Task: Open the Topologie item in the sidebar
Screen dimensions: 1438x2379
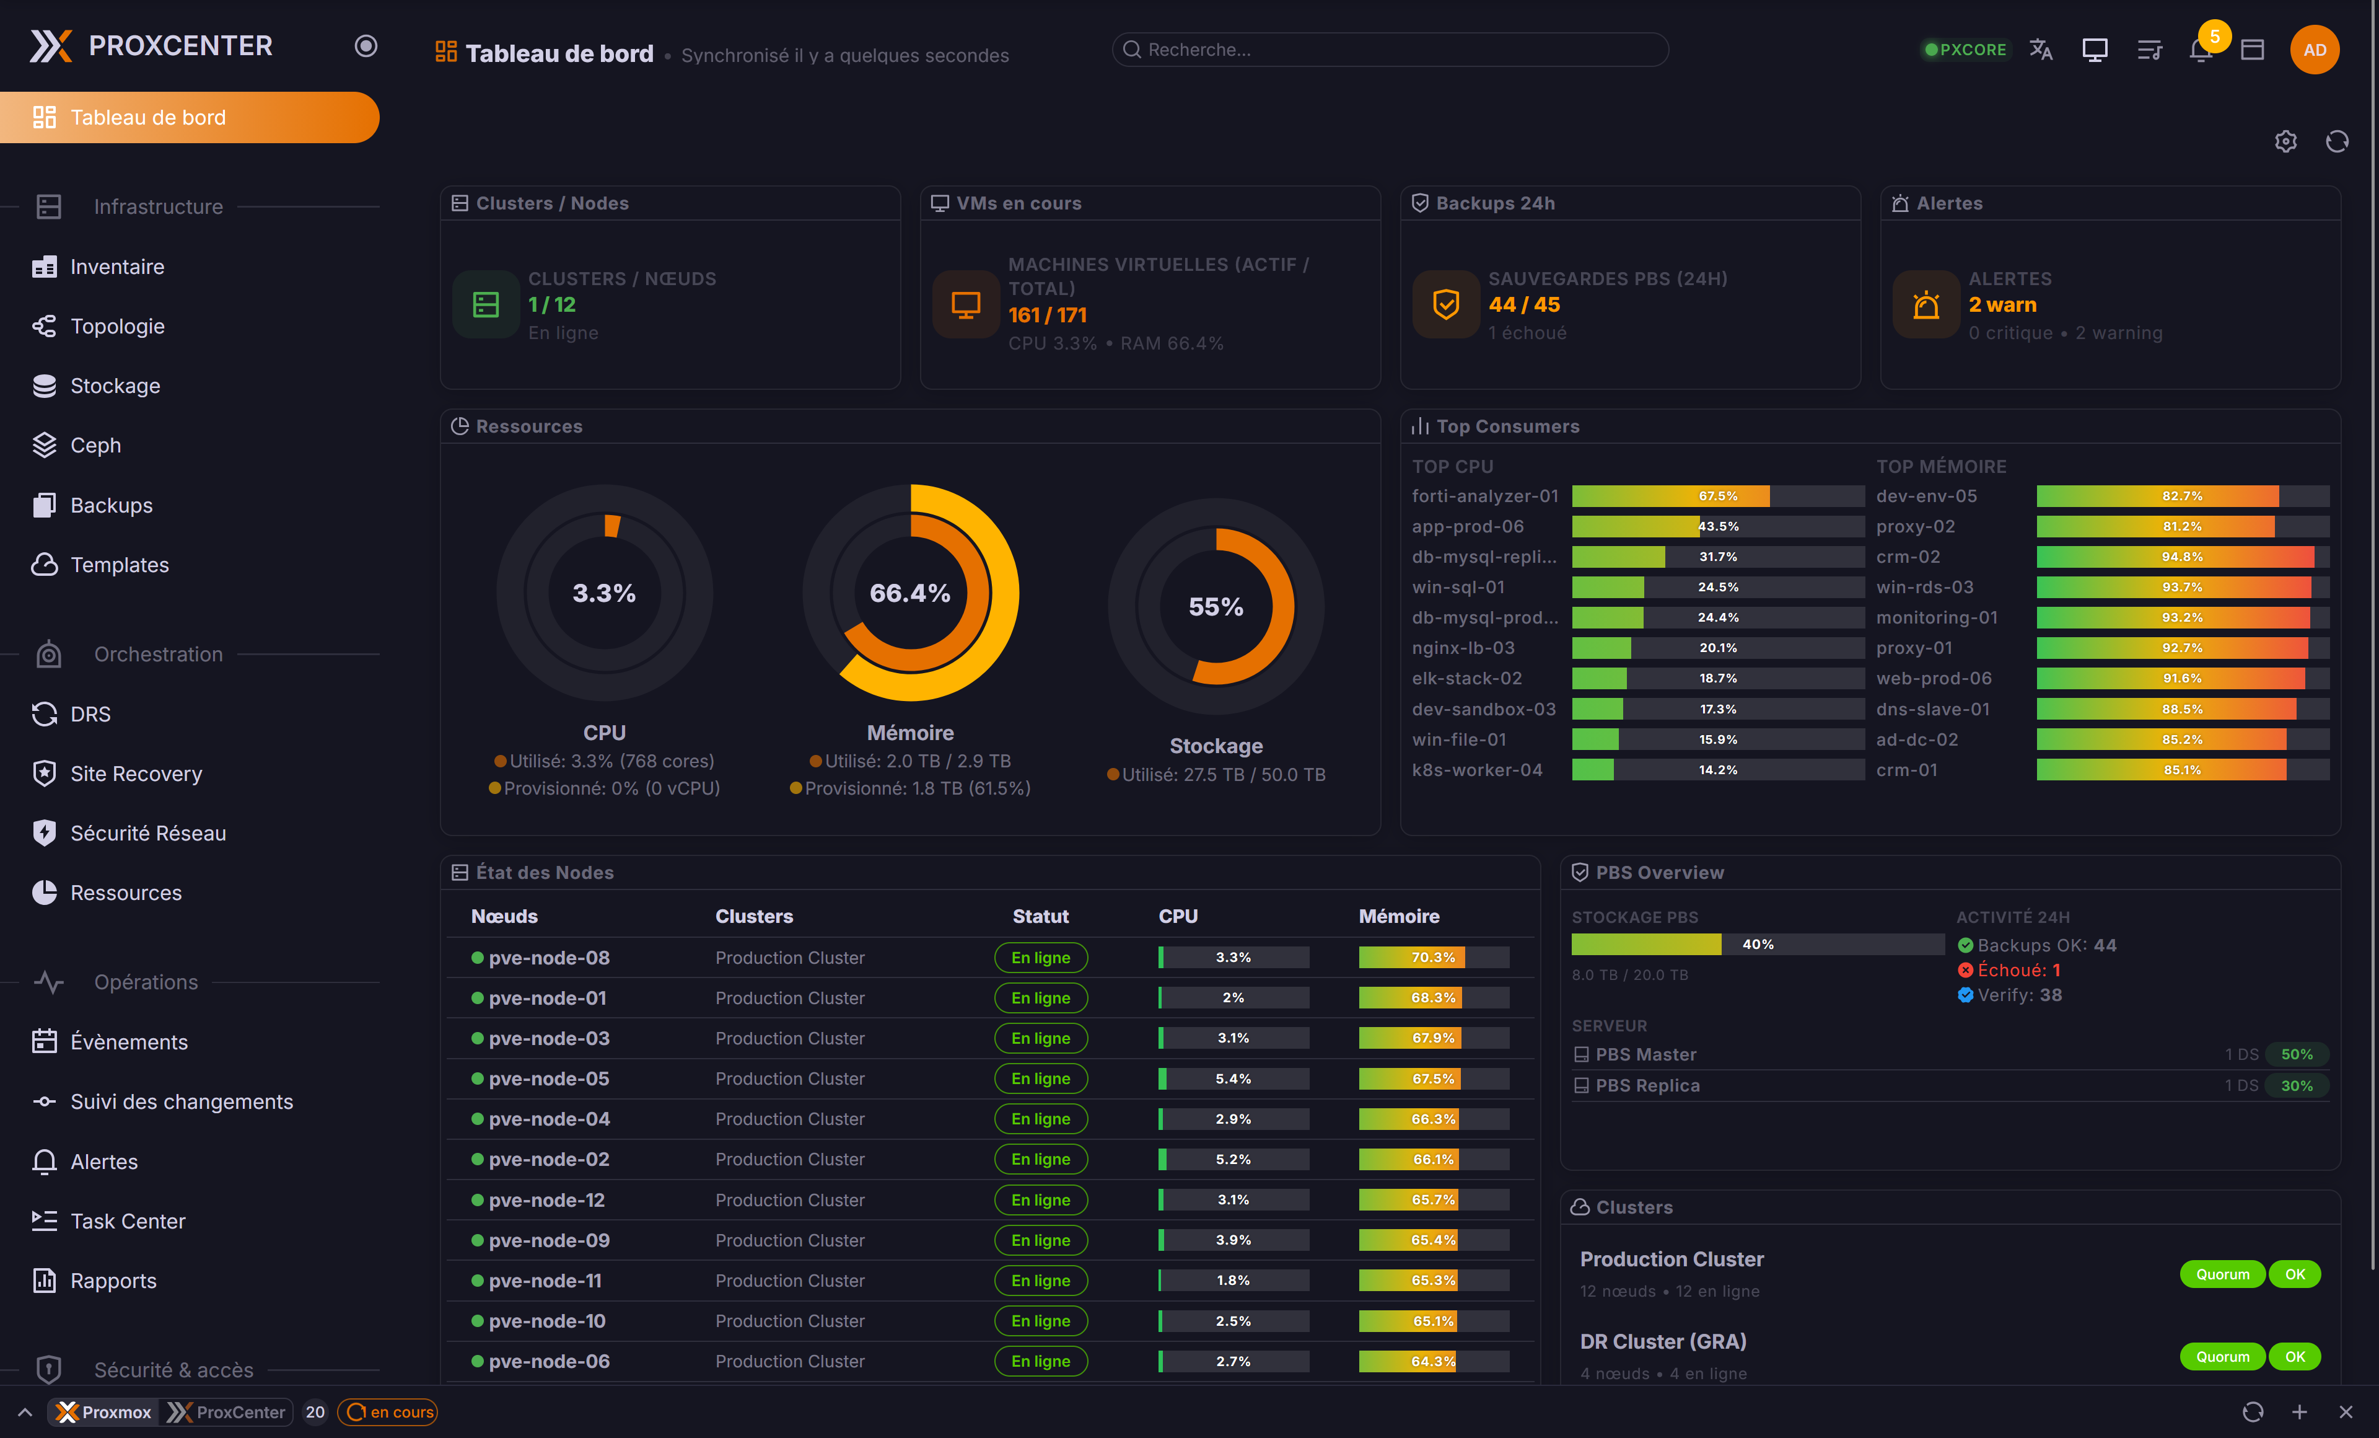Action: (117, 327)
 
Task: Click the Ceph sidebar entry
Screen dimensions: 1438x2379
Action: (95, 445)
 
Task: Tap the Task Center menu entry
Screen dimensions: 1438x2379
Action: (128, 1220)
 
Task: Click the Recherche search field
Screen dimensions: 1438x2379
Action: (1390, 49)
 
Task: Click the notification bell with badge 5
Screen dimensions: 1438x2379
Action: (2201, 49)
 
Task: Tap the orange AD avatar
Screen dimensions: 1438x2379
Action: (2315, 49)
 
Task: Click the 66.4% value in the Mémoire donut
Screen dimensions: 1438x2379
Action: (909, 593)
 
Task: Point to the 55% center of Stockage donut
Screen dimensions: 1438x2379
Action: (1216, 606)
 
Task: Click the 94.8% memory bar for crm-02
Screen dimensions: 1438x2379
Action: (2182, 557)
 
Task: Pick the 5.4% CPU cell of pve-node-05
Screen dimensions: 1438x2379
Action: (1233, 1078)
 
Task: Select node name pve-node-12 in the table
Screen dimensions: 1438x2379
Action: (546, 1199)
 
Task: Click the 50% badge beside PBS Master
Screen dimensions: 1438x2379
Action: (2296, 1054)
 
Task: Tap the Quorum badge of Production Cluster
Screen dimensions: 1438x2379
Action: (2222, 1274)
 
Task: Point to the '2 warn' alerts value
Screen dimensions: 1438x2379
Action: (2002, 304)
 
